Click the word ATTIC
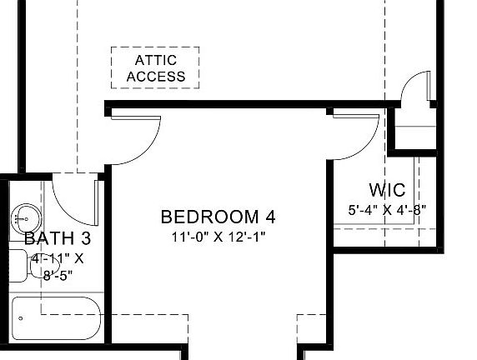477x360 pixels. [156, 61]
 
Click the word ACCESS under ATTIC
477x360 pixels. [156, 77]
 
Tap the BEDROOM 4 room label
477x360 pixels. [218, 217]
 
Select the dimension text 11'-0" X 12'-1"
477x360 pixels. [218, 236]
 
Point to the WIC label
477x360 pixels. [387, 191]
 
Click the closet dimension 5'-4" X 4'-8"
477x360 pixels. [387, 210]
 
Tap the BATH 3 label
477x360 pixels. [58, 239]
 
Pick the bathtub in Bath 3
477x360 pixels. [57, 318]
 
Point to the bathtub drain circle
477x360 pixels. [21, 318]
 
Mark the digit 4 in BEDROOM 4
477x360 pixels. [269, 217]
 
